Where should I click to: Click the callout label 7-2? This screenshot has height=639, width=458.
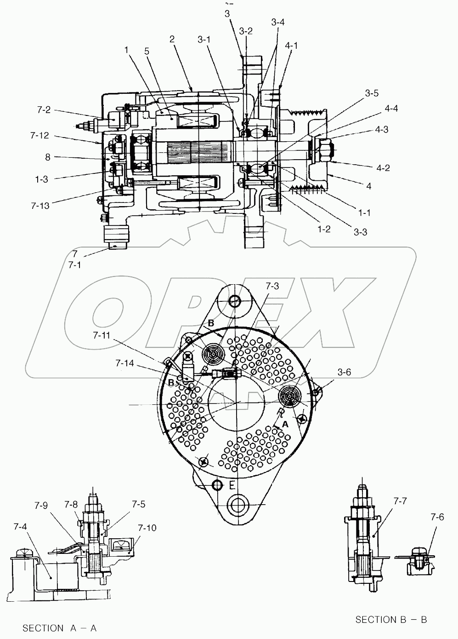[x=44, y=110]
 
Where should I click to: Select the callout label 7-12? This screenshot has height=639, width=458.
[x=40, y=136]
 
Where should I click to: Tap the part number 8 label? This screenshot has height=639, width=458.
[x=48, y=157]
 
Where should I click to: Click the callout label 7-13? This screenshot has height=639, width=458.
[x=40, y=205]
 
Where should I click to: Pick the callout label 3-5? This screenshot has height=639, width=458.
[x=372, y=93]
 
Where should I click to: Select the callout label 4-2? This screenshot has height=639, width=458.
[x=383, y=168]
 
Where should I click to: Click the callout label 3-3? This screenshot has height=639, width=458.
[x=360, y=232]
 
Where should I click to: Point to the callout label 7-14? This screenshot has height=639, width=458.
[x=125, y=363]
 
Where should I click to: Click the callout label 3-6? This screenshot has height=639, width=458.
[x=344, y=372]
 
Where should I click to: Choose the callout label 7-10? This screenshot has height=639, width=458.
[x=147, y=527]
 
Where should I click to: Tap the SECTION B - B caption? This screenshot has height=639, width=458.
[x=391, y=620]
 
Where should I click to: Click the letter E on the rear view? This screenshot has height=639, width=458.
[x=232, y=486]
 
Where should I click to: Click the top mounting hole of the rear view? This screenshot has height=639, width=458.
[x=234, y=301]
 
